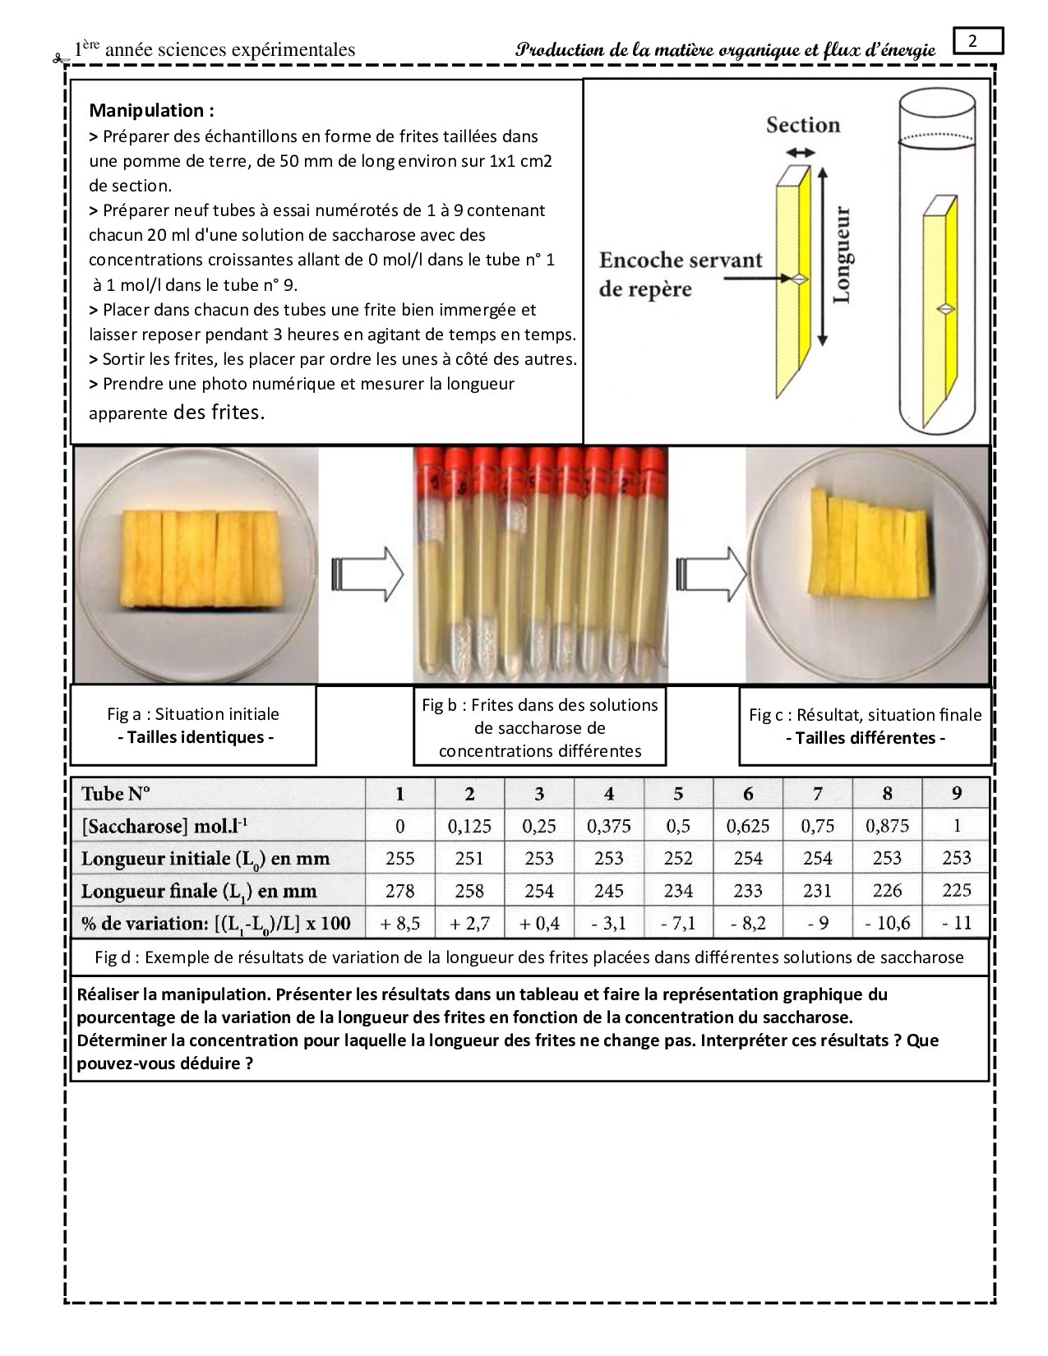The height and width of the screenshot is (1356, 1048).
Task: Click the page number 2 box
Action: (977, 41)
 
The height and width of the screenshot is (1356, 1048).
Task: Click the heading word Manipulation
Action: (151, 110)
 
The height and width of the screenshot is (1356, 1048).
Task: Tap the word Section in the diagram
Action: (803, 125)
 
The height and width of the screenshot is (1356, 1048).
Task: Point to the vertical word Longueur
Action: (843, 255)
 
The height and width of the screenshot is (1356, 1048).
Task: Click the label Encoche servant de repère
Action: (680, 274)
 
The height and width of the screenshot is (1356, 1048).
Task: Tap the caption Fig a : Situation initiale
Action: (193, 714)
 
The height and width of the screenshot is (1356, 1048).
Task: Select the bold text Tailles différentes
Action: (865, 738)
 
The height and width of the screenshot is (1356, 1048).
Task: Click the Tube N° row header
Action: (116, 794)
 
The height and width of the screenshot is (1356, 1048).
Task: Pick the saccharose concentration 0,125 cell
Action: (469, 826)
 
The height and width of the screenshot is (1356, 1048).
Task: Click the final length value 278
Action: (400, 891)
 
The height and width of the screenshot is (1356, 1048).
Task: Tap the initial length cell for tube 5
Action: (678, 859)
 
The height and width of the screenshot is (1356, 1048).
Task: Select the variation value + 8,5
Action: (400, 924)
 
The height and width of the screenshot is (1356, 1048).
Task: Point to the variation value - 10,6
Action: (887, 924)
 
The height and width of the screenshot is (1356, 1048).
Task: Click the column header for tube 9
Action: (956, 794)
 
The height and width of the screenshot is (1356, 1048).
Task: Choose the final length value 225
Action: (956, 891)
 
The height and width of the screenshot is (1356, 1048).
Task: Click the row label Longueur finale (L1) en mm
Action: (198, 892)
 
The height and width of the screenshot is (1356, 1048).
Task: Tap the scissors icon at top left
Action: (58, 58)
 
